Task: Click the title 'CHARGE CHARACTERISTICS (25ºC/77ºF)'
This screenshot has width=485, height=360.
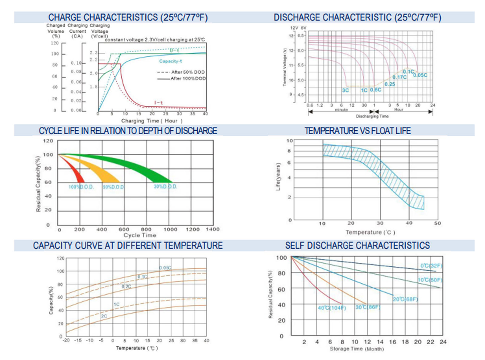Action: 128,18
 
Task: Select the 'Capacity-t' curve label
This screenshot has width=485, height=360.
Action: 170,61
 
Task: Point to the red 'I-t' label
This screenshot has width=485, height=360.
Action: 158,103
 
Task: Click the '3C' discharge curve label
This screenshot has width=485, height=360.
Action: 345,90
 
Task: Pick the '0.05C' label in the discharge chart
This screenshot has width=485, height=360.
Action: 420,75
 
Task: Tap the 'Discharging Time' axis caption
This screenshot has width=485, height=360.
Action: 372,116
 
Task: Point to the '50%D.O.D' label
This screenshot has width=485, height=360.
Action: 113,187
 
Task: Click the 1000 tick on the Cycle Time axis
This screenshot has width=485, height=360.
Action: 170,229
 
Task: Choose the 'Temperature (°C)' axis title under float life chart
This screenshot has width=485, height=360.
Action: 370,232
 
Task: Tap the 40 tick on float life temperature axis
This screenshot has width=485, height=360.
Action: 409,223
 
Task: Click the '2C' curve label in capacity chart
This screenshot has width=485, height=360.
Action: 104,316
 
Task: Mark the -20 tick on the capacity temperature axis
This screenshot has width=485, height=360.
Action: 66,340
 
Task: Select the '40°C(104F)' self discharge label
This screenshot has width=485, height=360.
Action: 332,308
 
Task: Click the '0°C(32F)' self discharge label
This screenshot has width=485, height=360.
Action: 431,266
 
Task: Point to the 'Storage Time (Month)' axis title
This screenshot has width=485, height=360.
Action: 357,349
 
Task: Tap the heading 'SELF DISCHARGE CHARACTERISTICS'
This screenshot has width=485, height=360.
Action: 357,245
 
